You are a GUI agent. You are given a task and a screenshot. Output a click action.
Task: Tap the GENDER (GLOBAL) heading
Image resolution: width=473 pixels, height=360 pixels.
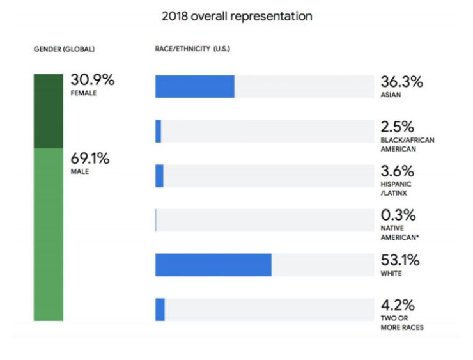coord(64,49)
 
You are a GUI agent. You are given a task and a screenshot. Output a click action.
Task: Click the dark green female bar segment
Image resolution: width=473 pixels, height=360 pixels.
coord(49,111)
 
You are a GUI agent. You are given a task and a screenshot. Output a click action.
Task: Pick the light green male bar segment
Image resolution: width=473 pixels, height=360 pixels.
coord(49,234)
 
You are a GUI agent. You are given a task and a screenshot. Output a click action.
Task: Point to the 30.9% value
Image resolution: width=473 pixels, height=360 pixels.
coord(92,81)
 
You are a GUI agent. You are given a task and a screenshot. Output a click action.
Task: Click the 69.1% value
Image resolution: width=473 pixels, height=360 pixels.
coord(89,159)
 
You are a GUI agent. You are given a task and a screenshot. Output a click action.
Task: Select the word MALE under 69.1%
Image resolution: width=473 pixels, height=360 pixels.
coord(80,172)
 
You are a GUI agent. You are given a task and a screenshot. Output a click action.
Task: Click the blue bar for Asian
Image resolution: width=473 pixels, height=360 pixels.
coord(194,86)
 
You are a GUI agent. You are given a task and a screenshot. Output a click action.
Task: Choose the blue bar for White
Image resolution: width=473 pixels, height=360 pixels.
coord(213,265)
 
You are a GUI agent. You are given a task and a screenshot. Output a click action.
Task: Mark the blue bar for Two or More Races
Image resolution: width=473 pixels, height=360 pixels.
coord(160,309)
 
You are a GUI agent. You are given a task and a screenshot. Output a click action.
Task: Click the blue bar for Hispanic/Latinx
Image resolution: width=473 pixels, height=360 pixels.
coord(159,176)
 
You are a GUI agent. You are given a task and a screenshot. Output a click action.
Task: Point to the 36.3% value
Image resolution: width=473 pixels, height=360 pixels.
coord(402,82)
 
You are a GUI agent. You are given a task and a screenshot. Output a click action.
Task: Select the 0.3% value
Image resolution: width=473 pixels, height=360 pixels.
coord(398,215)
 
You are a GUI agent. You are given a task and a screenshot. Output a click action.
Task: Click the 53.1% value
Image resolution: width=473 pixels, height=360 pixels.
coord(401,260)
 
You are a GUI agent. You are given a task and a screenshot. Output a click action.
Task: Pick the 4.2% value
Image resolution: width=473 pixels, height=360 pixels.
coord(398,305)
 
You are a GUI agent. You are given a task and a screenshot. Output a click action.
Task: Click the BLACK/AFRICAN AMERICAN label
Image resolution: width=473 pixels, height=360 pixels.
coord(407,144)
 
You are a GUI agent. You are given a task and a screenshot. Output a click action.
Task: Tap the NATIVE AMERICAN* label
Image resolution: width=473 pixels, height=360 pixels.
coord(400,233)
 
